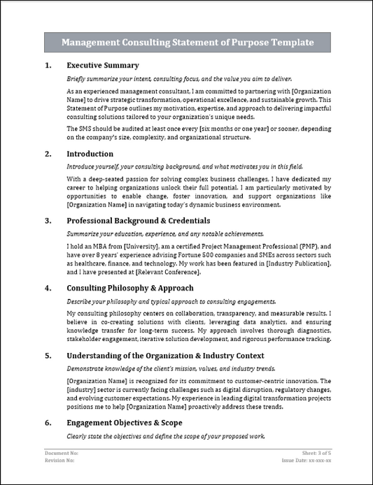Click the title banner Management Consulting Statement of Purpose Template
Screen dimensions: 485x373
187,43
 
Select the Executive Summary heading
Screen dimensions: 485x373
101,65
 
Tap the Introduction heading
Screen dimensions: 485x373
90,153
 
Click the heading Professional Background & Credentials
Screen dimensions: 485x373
140,220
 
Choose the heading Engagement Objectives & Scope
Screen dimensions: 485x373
125,422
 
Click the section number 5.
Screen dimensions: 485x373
48,355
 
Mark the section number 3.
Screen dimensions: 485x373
48,220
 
